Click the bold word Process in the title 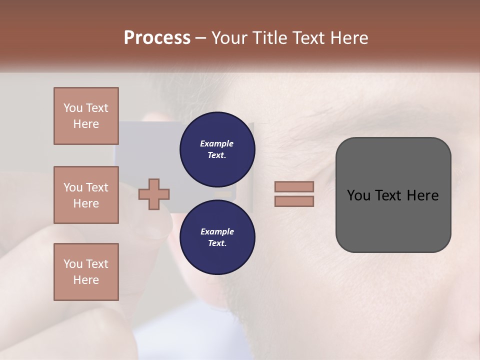157,38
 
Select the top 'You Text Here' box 86,116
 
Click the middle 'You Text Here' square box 86,195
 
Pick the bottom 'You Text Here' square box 86,272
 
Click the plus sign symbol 154,193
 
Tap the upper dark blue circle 217,149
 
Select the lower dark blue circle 217,237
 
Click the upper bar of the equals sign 294,186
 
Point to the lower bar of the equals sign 294,201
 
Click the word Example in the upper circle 217,143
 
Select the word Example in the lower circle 217,231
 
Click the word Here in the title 350,38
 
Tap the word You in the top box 73,108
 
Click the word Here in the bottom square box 86,280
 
